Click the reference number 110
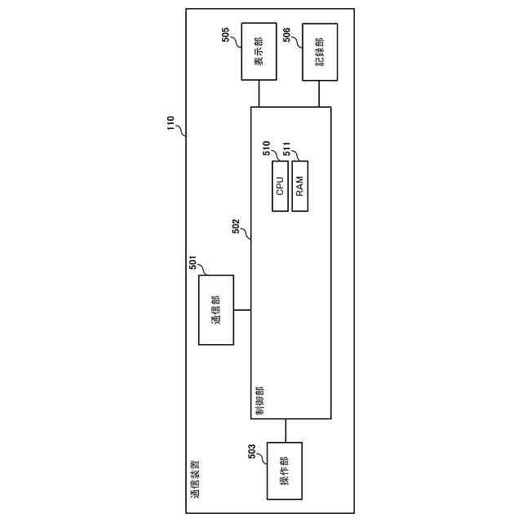click(x=171, y=123)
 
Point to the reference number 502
click(x=236, y=226)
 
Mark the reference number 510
click(x=266, y=148)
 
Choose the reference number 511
click(x=287, y=148)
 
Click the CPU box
click(x=279, y=187)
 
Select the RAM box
click(x=299, y=187)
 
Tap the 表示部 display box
click(x=259, y=53)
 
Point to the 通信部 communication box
click(x=216, y=310)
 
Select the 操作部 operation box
click(x=285, y=471)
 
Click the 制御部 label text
click(x=259, y=400)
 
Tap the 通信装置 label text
click(x=195, y=481)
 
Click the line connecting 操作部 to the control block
click(x=285, y=431)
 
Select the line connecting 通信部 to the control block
click(x=241, y=310)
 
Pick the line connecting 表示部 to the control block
click(x=259, y=94)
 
